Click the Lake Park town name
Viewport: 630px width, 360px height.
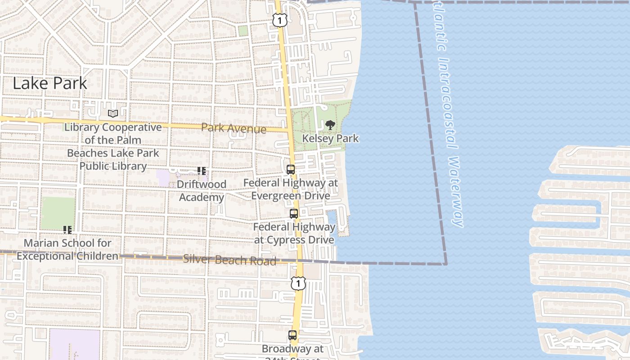point(50,83)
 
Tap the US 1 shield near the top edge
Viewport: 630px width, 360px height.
point(279,20)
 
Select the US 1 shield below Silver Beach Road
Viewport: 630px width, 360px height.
point(298,283)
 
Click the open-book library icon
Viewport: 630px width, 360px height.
point(112,114)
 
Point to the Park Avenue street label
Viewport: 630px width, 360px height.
point(234,129)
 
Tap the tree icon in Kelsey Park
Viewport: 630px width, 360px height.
point(330,125)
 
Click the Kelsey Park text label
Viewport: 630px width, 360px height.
point(330,138)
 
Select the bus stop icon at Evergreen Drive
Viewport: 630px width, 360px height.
point(291,170)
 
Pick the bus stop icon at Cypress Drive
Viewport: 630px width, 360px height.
point(294,214)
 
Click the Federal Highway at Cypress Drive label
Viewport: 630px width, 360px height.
point(294,233)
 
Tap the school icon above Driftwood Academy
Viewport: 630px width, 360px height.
point(201,171)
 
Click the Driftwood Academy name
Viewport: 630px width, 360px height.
point(201,191)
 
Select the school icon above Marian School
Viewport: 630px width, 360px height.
point(67,230)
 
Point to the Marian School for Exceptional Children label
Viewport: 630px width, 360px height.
point(67,249)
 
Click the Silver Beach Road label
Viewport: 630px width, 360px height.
point(229,260)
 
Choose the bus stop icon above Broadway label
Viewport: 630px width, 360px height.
point(292,335)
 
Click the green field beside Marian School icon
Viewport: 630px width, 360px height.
point(58,212)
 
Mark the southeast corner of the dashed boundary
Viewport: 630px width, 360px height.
point(446,264)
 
